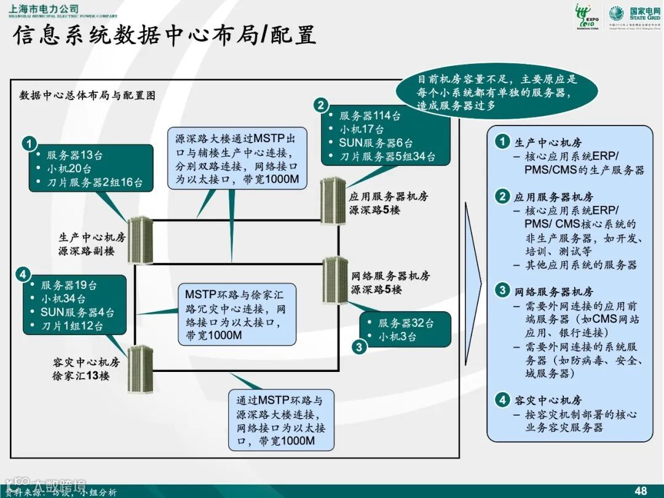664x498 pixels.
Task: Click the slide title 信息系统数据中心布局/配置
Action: (x=164, y=35)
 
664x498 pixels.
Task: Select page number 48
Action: (x=641, y=490)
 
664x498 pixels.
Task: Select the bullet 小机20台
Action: (x=70, y=168)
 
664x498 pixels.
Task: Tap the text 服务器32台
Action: (x=406, y=323)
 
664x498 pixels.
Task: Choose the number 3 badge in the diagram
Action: (x=360, y=347)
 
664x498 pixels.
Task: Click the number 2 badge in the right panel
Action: (x=503, y=197)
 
